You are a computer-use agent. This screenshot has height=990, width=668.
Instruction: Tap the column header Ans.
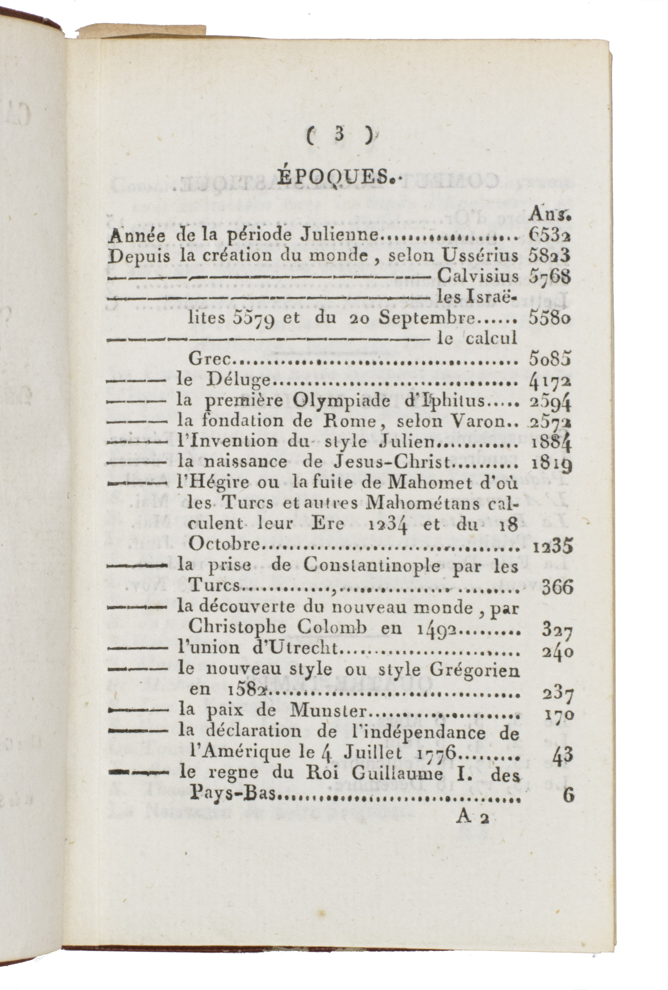550,216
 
